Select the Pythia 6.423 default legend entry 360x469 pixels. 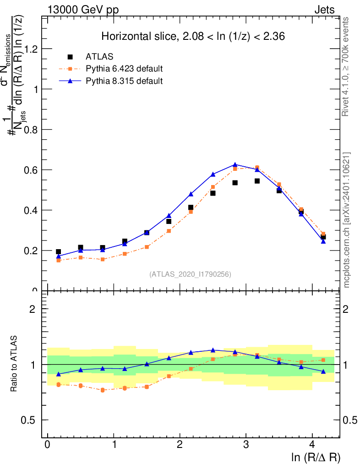coord(124,69)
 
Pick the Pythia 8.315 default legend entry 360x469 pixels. coord(124,81)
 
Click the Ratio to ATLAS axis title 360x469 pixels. coord(15,365)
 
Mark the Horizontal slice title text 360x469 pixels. coord(193,37)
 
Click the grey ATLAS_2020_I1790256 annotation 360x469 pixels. coord(190,274)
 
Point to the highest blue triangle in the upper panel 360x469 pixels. coord(235,164)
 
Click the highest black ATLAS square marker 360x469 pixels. coord(257,181)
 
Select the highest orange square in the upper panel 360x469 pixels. coord(257,168)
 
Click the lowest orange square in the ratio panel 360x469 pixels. coord(103,390)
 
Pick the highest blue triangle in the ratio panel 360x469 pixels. coord(213,350)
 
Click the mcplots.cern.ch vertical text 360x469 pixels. coord(347,220)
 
